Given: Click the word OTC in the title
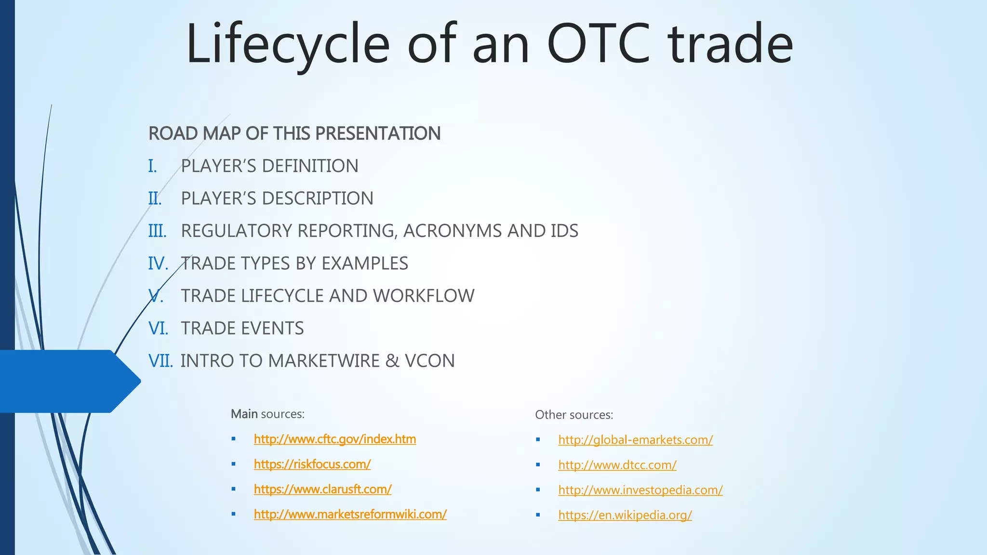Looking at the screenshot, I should click(599, 44).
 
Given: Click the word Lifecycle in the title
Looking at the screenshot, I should click(288, 44).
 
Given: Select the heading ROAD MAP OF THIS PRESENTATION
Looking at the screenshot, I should click(294, 133).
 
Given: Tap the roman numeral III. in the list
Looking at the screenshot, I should click(157, 231).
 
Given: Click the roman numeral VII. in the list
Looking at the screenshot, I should click(160, 361).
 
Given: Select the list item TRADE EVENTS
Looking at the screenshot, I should click(242, 329).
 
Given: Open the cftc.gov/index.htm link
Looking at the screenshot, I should click(334, 439).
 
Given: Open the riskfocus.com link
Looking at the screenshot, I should click(312, 464).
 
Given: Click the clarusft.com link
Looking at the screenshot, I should click(322, 489).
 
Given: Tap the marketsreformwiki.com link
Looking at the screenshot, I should click(350, 515).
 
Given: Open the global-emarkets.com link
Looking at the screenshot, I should click(635, 440).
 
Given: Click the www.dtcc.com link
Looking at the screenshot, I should click(617, 465).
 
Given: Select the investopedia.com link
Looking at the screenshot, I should click(640, 490).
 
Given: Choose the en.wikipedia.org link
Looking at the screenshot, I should click(625, 515).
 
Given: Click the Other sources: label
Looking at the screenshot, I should click(574, 415).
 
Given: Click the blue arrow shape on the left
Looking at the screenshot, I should click(67, 381).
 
